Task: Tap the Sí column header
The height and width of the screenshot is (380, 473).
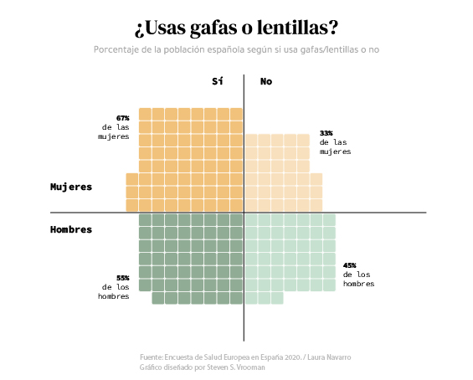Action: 218,81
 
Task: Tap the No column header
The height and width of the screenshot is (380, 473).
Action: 266,81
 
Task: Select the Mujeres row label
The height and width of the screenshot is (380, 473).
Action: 71,187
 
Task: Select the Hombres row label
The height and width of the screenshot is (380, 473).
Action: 71,229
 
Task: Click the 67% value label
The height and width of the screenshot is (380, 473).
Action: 122,118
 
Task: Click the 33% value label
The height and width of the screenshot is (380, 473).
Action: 326,133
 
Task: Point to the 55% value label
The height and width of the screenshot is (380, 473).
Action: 122,278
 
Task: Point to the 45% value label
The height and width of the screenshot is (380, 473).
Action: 350,265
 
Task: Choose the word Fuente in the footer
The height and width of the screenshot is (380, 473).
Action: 152,357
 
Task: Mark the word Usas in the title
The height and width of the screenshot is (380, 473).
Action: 164,28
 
